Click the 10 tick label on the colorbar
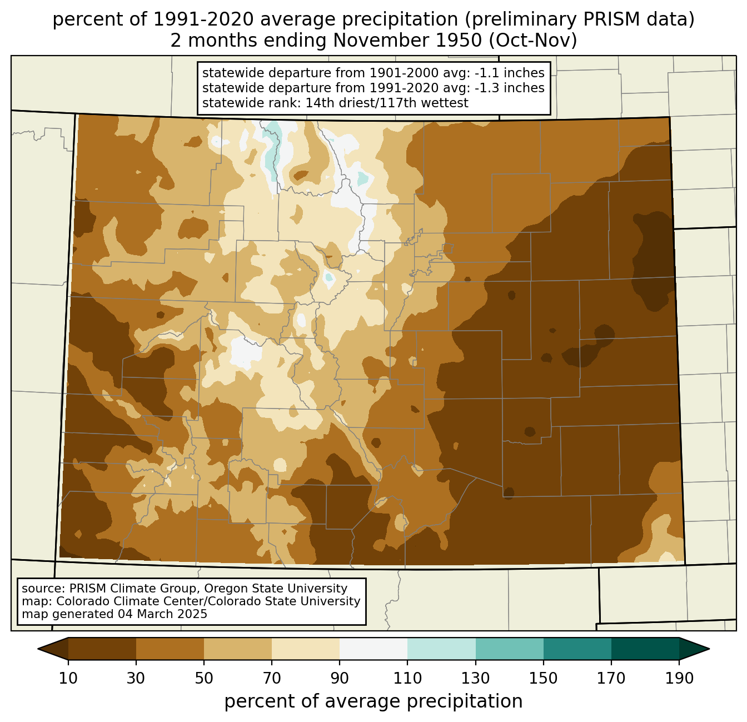point(68,679)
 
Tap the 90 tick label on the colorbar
point(340,679)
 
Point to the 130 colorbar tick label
point(476,679)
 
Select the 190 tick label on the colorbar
point(679,679)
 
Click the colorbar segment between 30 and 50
point(170,649)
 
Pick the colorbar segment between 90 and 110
point(373,649)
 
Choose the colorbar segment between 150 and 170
point(577,649)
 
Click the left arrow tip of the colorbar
point(38,649)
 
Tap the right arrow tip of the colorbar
point(709,649)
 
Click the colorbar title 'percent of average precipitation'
point(373,701)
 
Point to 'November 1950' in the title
point(407,41)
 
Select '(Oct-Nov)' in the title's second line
point(533,41)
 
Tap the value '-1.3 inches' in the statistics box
point(510,88)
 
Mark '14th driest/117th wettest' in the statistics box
point(386,103)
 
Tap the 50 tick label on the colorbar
point(204,679)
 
